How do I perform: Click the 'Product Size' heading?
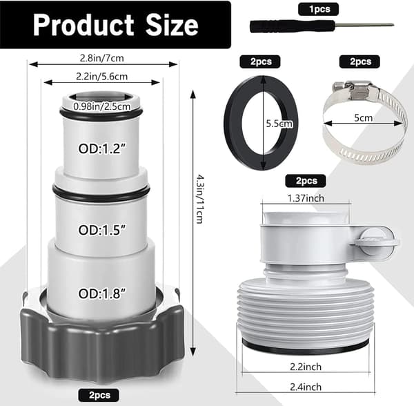[x=115, y=25]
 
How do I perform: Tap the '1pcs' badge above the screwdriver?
[x=318, y=9]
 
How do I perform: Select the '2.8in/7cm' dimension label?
[x=102, y=58]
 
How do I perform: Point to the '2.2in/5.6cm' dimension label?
[x=102, y=77]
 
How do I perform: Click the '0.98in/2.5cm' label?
[x=102, y=106]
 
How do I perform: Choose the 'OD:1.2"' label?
[x=101, y=148]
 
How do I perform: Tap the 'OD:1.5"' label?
[x=101, y=230]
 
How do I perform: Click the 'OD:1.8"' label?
[x=102, y=293]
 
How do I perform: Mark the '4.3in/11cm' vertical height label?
[x=199, y=199]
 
